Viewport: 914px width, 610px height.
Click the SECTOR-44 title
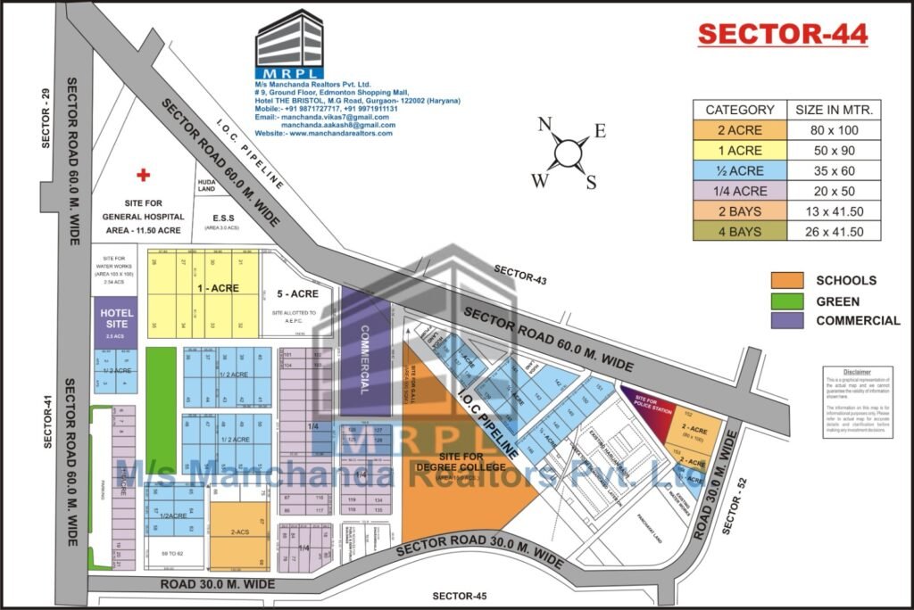[x=781, y=34]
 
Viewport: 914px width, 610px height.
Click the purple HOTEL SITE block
[x=116, y=321]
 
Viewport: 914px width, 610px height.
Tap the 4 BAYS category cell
[x=740, y=232]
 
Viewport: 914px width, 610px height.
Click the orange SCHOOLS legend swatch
[x=787, y=280]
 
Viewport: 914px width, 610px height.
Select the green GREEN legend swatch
[x=787, y=301]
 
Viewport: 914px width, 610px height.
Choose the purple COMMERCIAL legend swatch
[x=787, y=321]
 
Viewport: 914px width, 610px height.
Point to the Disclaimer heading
[x=856, y=371]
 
